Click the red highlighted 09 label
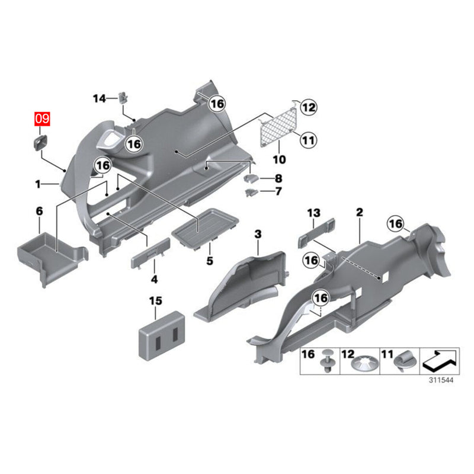coord(43,118)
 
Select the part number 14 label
coord(98,98)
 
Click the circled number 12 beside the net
coord(308,107)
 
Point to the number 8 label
coord(277,178)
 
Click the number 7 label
coord(277,192)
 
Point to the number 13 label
coord(313,213)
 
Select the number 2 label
coord(359,212)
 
